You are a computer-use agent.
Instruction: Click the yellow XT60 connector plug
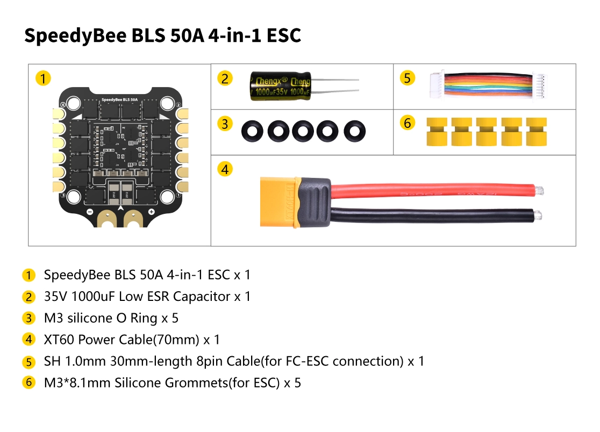pos(279,202)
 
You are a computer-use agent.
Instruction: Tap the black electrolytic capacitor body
pos(281,87)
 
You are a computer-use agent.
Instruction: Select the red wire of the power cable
pos(436,190)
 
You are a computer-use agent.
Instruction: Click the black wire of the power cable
pos(435,215)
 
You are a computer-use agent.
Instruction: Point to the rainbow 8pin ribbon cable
pos(488,85)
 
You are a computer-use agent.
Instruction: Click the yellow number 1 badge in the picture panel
pos(43,78)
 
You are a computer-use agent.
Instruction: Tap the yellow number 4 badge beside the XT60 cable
pos(225,169)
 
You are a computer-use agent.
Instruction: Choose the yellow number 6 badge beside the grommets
pos(407,123)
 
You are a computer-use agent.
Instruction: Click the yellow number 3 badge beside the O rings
pos(225,124)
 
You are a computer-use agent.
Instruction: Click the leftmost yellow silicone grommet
pos(437,132)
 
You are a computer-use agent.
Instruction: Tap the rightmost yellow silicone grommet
pos(536,132)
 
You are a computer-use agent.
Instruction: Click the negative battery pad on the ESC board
pos(106,218)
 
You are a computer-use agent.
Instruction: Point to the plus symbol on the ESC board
pos(152,212)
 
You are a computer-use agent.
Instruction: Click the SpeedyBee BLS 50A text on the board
pos(120,100)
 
